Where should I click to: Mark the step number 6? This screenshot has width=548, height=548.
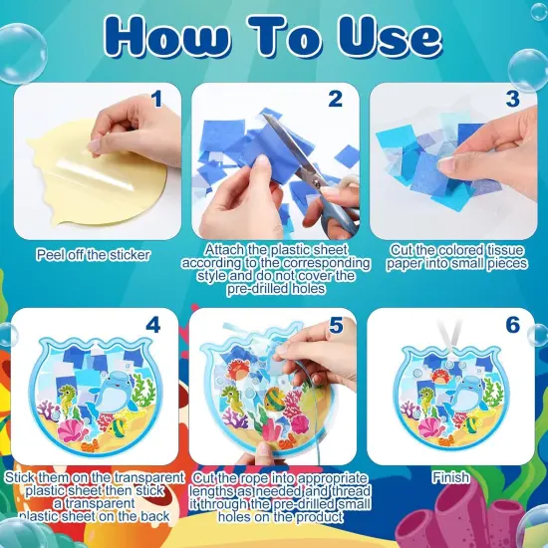point(511,325)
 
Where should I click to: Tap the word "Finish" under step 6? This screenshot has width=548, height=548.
point(451,478)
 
